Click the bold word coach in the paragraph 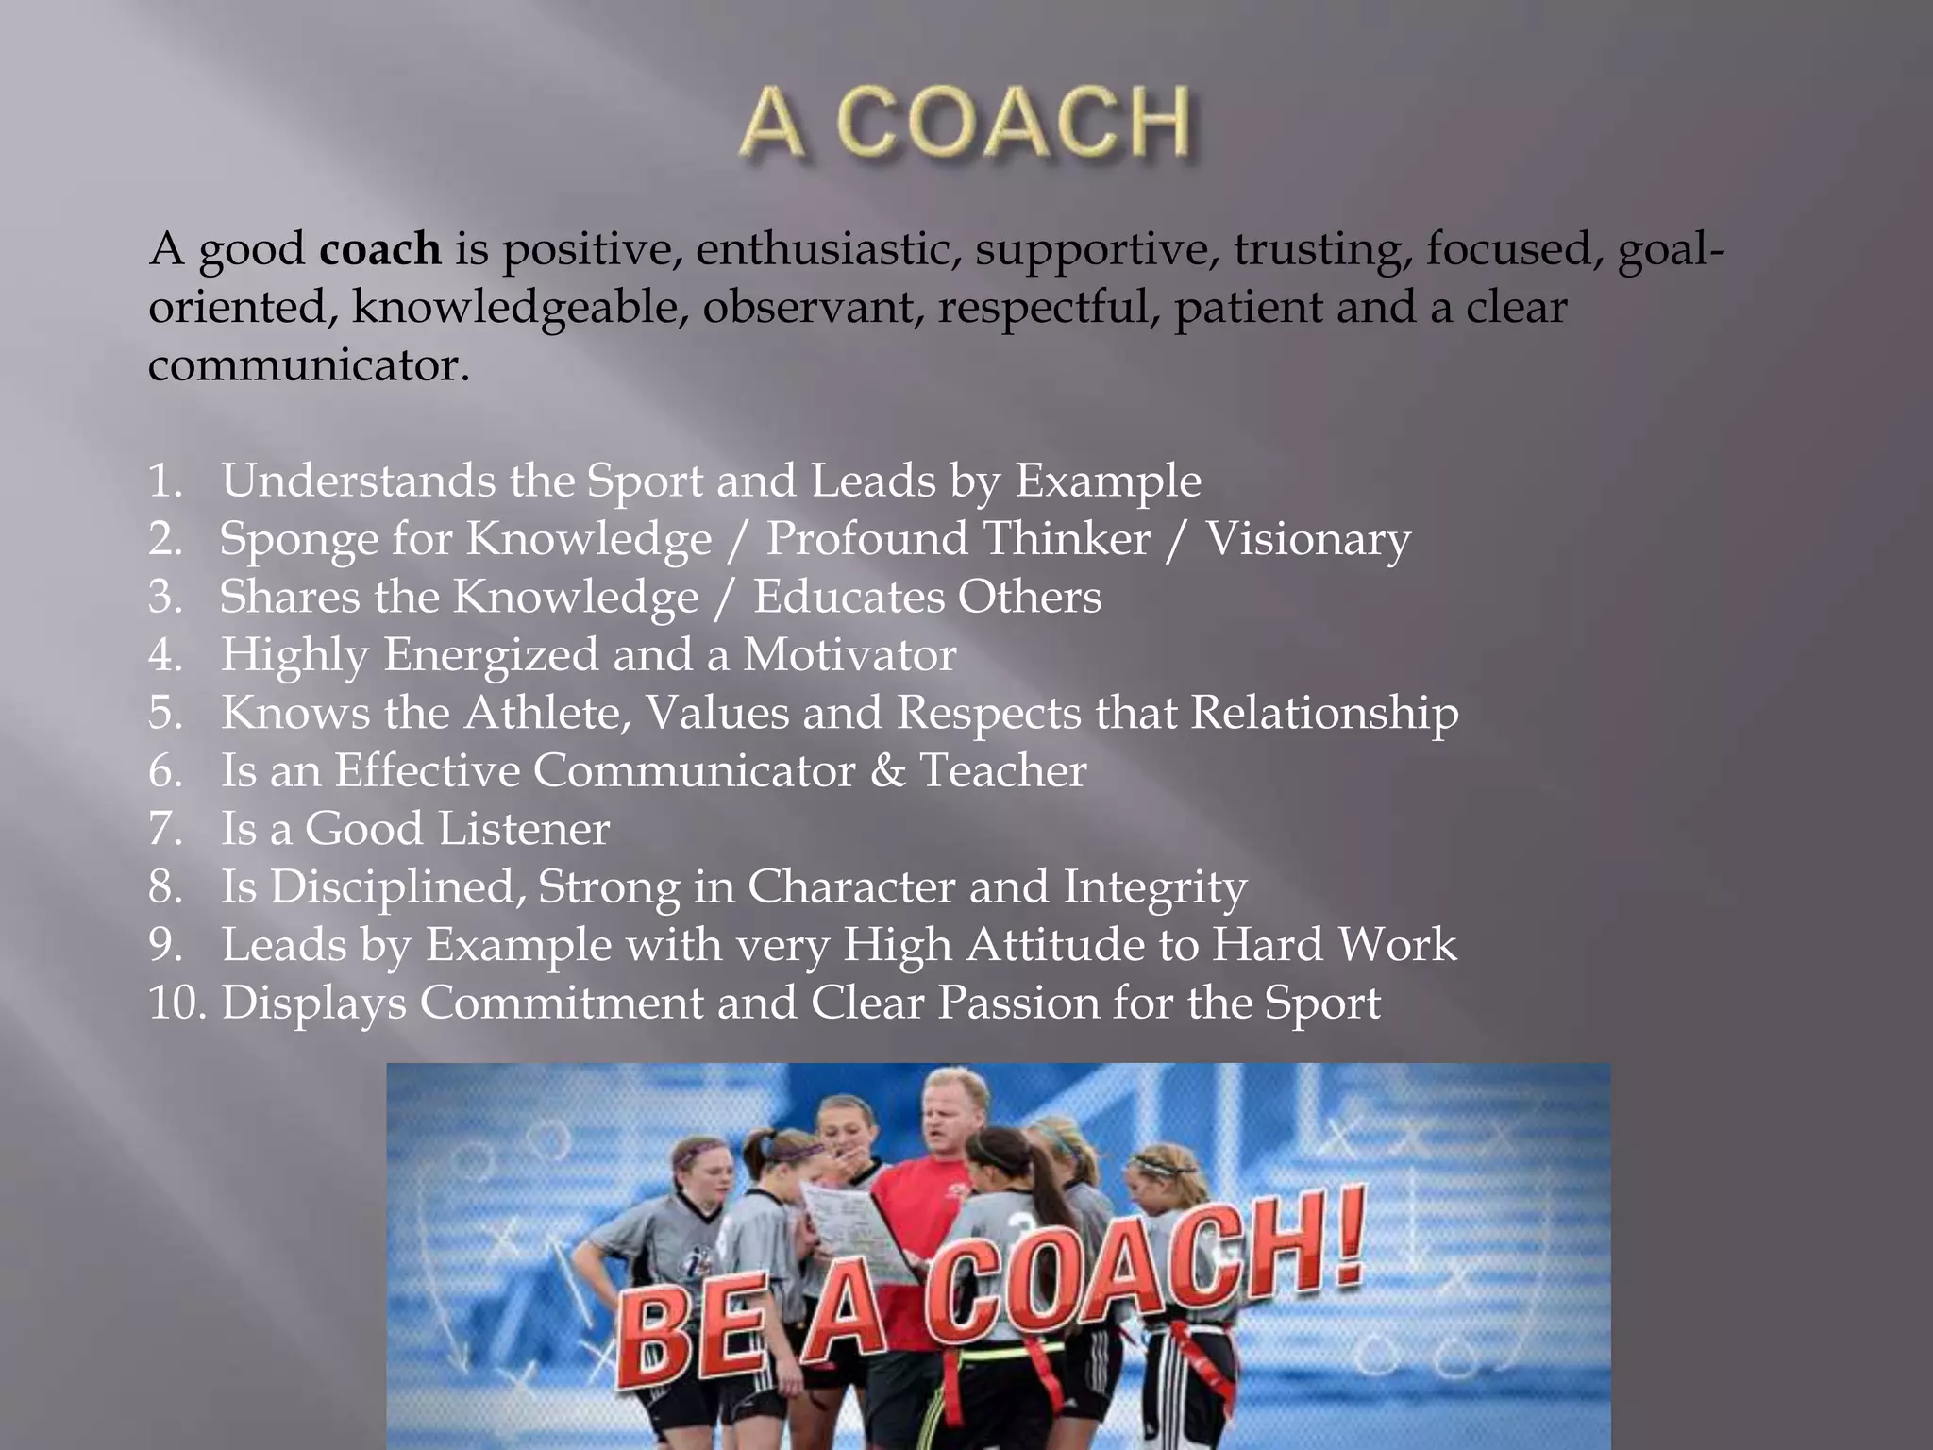[x=380, y=249]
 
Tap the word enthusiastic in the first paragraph [x=829, y=249]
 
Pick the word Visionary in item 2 [x=1308, y=539]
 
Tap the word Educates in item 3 [x=848, y=597]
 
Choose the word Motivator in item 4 [x=849, y=655]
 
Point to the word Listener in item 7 [x=524, y=829]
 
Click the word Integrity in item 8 [x=1155, y=887]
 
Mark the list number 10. [x=176, y=1003]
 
